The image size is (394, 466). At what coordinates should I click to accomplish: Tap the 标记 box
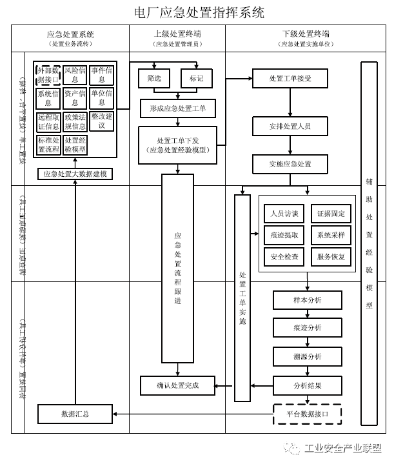[x=196, y=77]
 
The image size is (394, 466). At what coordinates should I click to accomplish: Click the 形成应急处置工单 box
[x=177, y=109]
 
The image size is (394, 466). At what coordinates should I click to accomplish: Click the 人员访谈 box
[x=284, y=214]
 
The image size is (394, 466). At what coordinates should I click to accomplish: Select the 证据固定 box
[x=331, y=214]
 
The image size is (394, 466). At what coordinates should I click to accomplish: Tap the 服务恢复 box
[x=331, y=257]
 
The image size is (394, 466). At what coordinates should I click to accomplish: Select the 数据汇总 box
[x=75, y=413]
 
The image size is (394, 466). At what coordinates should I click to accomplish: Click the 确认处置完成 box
[x=177, y=386]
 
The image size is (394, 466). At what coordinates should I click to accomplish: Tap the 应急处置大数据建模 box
[x=75, y=174]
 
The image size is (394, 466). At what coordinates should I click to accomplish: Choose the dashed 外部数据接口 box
[x=48, y=74]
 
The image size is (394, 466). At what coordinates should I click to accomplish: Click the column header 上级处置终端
[x=177, y=34]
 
